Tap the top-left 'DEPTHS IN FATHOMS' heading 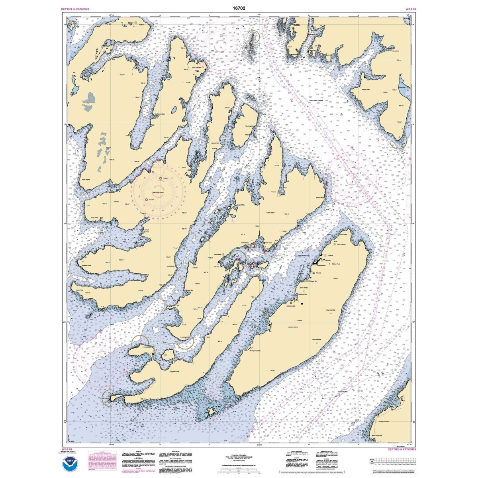click(75, 9)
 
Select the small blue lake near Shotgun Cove click(174, 110)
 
